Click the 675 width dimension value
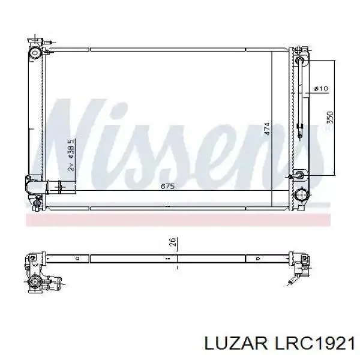pos(168,187)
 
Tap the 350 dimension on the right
pos(329,118)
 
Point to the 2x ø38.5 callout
pos(71,155)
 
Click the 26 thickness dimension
pos(172,244)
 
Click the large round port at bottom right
pos(302,195)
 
